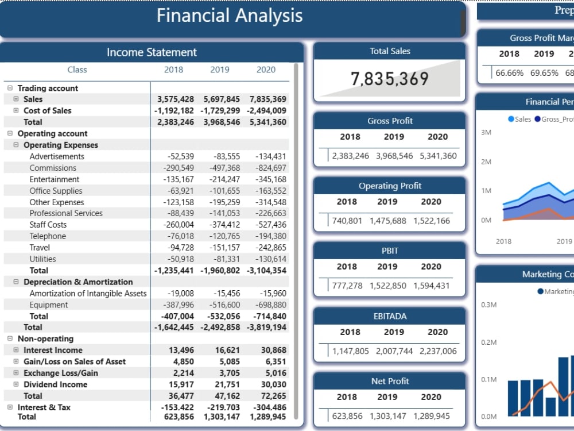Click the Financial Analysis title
tap(230, 16)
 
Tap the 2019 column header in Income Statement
tap(220, 70)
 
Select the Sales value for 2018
tap(176, 99)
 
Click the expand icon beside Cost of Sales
tap(15, 110)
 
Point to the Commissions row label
tap(53, 168)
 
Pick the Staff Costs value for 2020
tap(271, 225)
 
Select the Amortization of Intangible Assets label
tap(88, 294)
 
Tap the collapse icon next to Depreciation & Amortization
tap(15, 282)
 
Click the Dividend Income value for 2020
tap(273, 384)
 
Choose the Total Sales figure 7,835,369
tap(390, 78)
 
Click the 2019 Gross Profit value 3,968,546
tap(394, 156)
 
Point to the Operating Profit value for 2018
tap(347, 221)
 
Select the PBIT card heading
tap(390, 251)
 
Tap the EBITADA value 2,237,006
tap(438, 351)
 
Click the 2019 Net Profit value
tap(388, 416)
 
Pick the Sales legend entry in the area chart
tap(519, 119)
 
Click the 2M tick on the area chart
tap(486, 162)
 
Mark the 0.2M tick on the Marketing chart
tap(488, 343)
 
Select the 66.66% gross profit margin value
tap(510, 73)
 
